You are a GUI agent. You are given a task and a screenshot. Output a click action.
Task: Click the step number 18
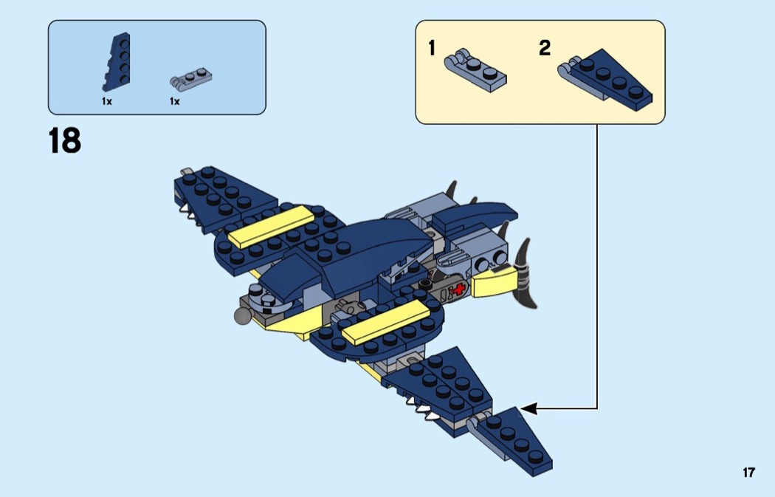tap(65, 140)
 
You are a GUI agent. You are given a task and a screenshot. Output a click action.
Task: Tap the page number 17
tap(748, 473)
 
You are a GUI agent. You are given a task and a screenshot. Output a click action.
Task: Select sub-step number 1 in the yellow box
tap(432, 49)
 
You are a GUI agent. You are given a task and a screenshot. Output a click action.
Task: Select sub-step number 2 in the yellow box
tap(545, 49)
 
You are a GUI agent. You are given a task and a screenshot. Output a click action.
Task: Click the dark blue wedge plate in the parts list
tap(117, 64)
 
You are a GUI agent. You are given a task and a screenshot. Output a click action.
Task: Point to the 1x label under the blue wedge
tap(107, 101)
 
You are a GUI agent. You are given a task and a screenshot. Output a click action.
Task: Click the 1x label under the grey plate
tap(174, 101)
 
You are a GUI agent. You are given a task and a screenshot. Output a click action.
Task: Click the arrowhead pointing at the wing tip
tap(526, 408)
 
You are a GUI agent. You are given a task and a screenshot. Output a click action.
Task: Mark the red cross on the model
tap(461, 289)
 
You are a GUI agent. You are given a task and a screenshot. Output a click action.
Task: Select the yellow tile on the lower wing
tap(387, 322)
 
